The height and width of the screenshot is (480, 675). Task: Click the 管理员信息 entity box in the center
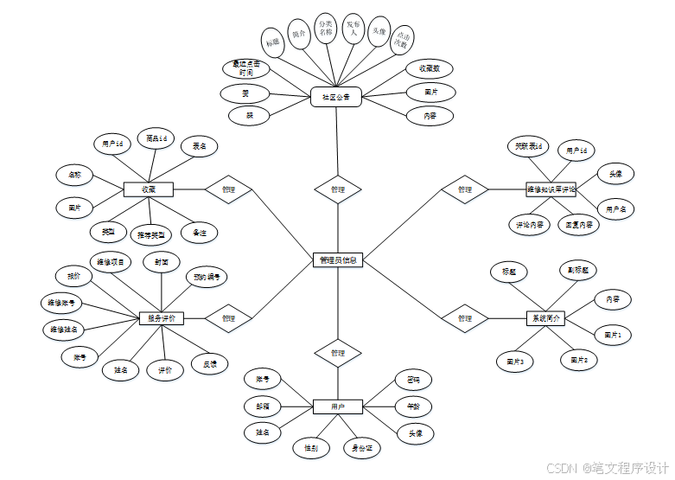tap(337, 259)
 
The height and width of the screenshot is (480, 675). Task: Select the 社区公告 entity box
tap(335, 98)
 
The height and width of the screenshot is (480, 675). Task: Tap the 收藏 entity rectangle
tap(149, 189)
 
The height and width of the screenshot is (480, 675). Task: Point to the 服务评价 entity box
tap(162, 318)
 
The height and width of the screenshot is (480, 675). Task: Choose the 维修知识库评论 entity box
tap(551, 189)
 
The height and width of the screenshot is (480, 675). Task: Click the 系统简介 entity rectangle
tap(544, 318)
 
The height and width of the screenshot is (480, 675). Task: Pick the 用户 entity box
tap(337, 406)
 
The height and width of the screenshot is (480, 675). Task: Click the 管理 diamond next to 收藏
tap(228, 189)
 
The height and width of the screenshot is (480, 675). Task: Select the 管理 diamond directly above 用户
tap(337, 353)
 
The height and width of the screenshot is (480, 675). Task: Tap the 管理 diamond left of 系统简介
tap(465, 318)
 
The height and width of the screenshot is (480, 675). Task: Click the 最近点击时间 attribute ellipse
tap(246, 68)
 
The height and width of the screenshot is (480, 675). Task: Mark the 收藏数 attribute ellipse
tap(430, 67)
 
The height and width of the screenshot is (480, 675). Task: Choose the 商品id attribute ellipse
tap(156, 138)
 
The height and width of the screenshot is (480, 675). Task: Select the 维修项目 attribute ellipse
tap(111, 261)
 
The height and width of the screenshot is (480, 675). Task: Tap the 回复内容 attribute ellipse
tap(578, 224)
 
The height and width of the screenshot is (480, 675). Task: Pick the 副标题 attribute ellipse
tap(578, 271)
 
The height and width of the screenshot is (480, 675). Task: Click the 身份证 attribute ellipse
tap(361, 448)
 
